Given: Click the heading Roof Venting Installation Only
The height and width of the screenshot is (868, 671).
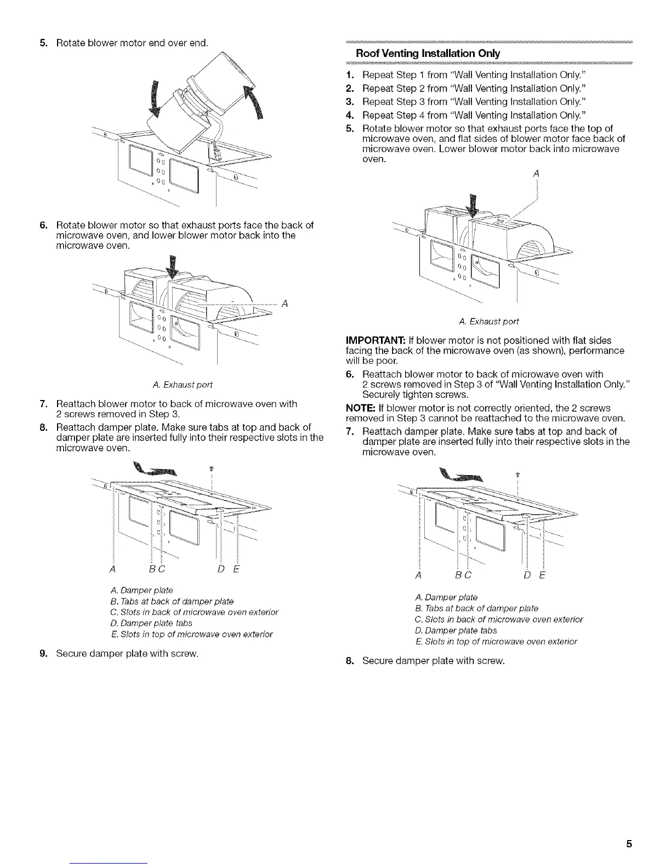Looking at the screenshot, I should (x=428, y=54).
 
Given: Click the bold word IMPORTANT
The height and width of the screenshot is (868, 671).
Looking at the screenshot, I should (x=373, y=340).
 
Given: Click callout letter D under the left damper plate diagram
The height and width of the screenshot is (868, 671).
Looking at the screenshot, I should (x=220, y=569).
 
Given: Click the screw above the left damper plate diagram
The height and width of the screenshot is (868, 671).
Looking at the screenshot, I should (x=211, y=469).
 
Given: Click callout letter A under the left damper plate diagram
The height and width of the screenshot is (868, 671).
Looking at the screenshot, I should (x=112, y=569).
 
